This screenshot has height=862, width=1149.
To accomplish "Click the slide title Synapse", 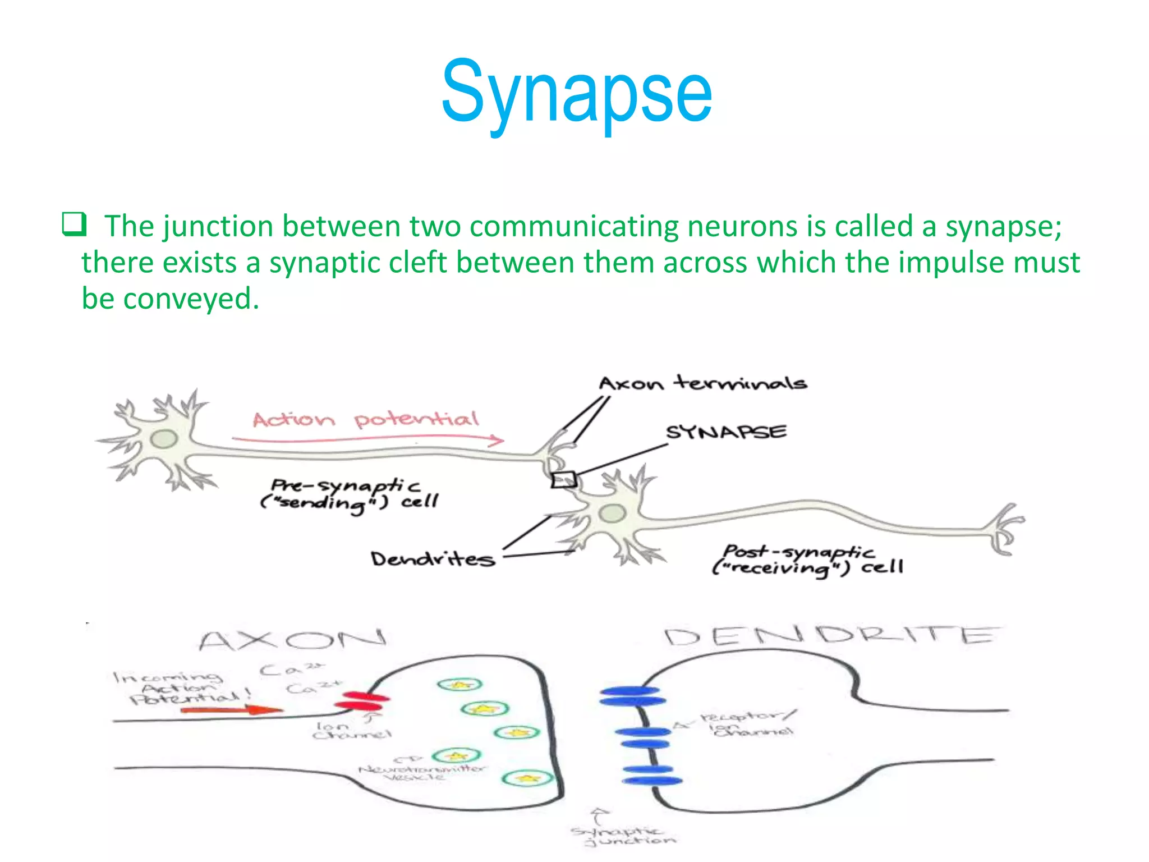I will [576, 93].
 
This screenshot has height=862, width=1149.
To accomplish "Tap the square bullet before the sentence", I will [73, 224].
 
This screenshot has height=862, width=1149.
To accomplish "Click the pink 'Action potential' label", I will [365, 419].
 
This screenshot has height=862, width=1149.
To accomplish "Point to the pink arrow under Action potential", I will [368, 439].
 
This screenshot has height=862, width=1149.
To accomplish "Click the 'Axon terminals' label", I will [702, 383].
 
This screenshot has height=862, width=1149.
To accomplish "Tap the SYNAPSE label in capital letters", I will [726, 432].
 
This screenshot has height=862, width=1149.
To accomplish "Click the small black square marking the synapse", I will [563, 480].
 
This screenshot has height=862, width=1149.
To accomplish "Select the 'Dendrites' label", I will [433, 559].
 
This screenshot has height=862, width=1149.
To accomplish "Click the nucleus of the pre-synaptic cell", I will [164, 439].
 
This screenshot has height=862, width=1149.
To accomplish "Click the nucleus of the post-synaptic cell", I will [612, 512].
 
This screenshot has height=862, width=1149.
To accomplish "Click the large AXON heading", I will [292, 640].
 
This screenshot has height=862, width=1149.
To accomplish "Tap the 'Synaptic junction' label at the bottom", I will [623, 836].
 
